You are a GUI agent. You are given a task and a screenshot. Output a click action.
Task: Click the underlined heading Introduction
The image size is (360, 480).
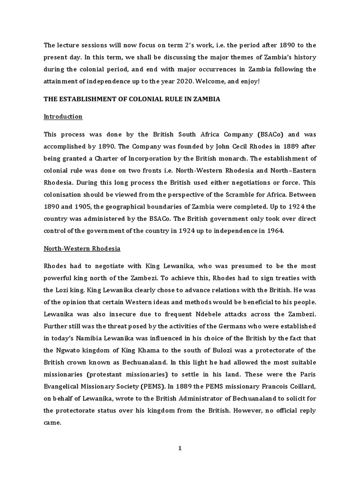click(63, 116)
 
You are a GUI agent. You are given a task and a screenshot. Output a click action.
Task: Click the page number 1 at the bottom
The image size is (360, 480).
click(180, 448)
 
